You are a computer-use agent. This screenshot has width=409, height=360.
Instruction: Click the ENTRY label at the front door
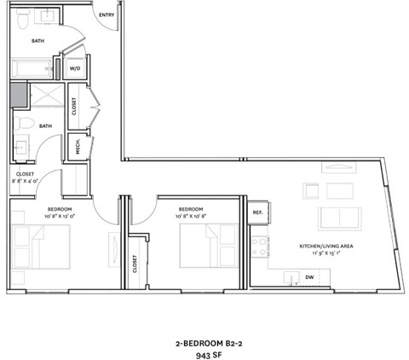tap(107, 15)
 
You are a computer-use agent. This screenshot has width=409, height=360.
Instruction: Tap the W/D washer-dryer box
tap(75, 67)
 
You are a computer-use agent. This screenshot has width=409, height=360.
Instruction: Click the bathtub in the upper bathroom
tap(32, 68)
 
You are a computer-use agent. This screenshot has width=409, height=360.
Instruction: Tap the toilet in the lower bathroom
tap(24, 125)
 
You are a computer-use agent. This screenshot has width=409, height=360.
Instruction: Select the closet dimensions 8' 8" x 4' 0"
tap(25, 181)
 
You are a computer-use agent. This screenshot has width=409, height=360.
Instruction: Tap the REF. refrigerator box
tap(256, 212)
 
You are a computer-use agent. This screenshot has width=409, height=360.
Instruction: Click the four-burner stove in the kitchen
tap(259, 247)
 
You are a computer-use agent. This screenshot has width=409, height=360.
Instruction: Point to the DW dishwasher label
tap(309, 276)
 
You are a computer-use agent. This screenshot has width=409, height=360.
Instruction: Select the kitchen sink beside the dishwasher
tap(291, 278)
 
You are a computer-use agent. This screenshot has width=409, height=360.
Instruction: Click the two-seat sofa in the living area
tap(339, 218)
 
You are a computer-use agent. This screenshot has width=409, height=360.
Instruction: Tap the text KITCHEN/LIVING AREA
tap(320, 247)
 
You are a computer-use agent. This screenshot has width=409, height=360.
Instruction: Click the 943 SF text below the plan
tap(204, 351)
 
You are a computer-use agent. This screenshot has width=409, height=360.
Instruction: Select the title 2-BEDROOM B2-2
tap(204, 338)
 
